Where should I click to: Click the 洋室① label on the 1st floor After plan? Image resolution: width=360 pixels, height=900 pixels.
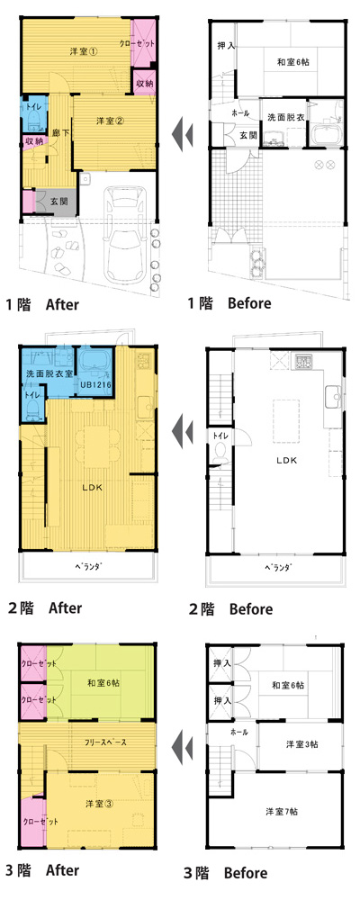85,50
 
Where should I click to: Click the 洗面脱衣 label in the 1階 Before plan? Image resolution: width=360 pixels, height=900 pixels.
283,116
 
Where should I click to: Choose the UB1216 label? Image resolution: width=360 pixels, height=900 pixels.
93,384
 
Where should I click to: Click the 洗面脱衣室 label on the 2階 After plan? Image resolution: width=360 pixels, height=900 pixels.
48,373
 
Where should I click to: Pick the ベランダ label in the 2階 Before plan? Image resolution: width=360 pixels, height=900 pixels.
278,568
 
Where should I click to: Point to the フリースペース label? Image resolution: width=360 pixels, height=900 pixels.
106,742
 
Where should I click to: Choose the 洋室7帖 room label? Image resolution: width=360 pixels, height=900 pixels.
282,812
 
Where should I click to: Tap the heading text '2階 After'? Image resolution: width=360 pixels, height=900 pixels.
44,607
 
